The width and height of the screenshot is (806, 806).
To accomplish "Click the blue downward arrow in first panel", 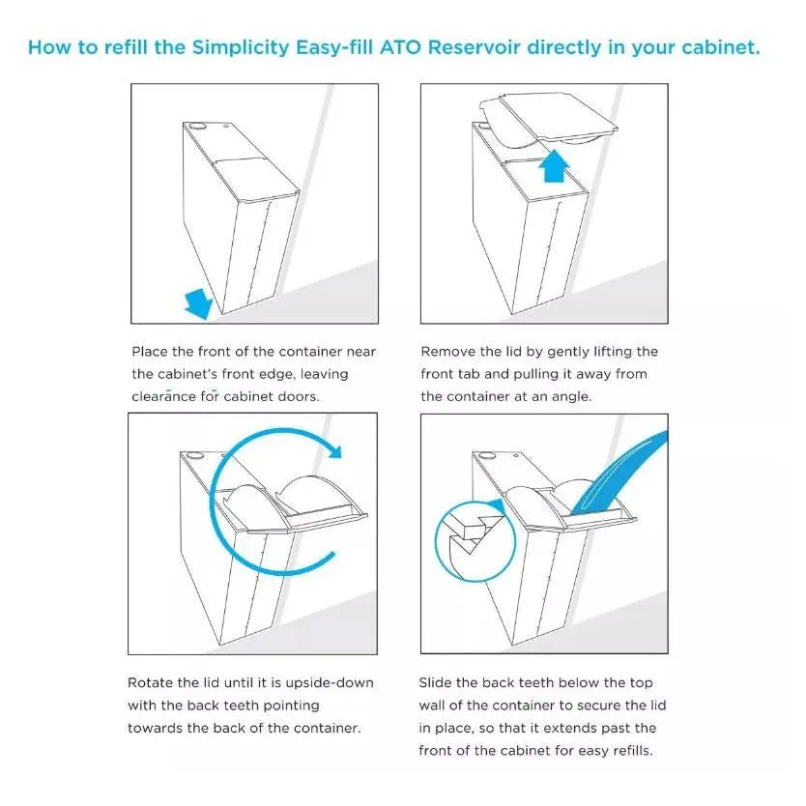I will point(198,303).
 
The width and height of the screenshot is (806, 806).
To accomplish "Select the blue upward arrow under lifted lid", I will point(556,166).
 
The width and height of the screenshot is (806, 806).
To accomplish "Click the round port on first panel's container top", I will point(197,125).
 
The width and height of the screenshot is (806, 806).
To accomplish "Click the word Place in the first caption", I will point(150,351).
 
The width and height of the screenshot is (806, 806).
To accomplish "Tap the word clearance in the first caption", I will point(164,396).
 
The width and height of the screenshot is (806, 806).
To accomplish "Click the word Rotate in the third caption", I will point(151,682).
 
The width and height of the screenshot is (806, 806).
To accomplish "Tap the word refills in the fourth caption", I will point(629,751).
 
